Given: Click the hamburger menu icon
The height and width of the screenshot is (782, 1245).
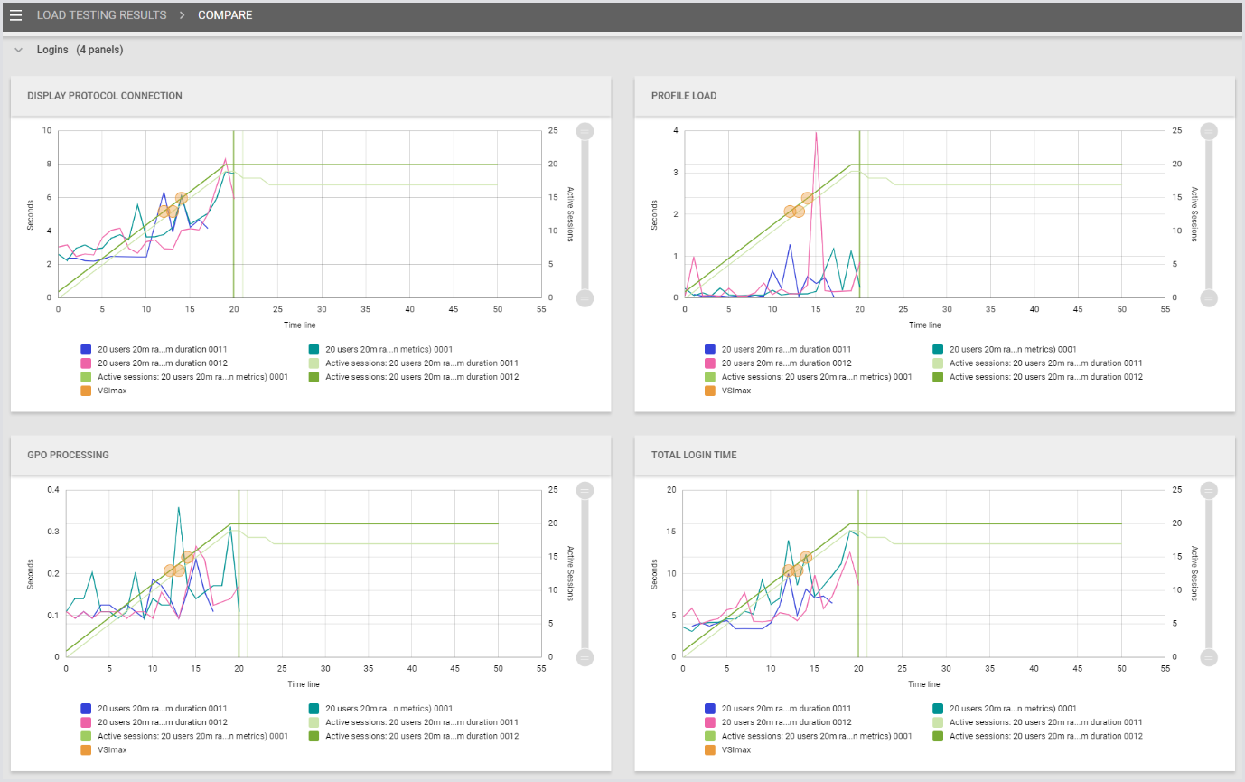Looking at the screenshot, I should point(15,15).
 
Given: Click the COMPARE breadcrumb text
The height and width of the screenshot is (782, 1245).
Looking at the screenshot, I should point(225,15).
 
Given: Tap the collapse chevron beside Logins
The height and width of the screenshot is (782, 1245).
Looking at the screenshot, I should point(19,50).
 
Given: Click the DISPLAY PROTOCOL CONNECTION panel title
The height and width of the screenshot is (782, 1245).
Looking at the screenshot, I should point(105,96).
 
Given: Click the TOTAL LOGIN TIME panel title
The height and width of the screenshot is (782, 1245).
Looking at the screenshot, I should point(694,455).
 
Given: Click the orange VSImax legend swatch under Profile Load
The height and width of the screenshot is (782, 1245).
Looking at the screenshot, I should point(709,391).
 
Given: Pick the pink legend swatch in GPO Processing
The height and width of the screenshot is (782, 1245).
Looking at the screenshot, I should point(86,722).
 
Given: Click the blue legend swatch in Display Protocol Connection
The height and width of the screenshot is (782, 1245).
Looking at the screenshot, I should point(86,349).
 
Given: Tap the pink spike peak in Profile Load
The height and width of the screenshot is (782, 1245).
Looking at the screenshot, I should point(816,132).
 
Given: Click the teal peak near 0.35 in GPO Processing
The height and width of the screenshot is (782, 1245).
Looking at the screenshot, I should point(179,507).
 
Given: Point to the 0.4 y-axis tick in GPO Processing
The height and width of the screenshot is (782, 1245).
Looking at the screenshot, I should point(52,490).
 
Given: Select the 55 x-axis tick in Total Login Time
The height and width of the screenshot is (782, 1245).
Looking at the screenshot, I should point(1165,669).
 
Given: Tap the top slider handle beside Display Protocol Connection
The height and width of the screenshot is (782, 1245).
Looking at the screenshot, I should point(585,131).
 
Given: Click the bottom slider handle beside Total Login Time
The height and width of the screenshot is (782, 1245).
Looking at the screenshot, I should point(1209,656).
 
